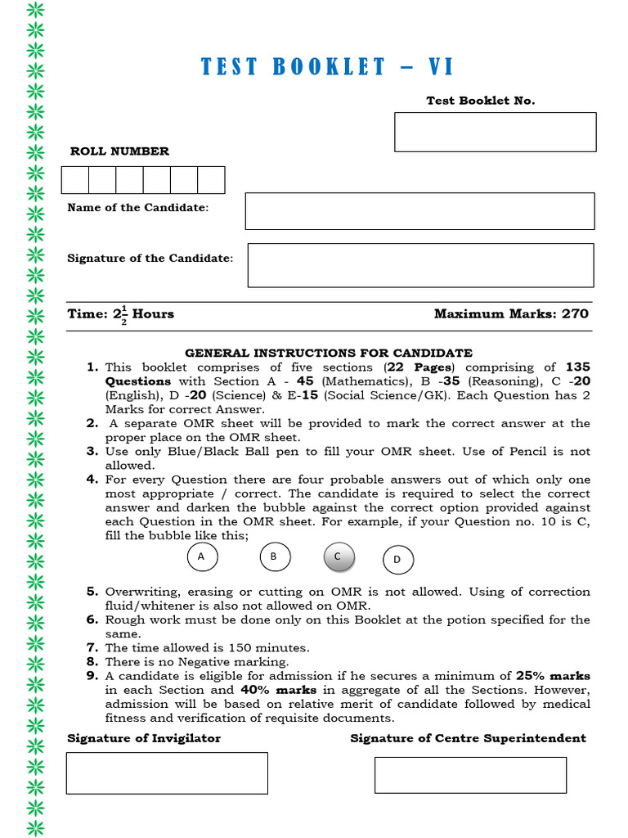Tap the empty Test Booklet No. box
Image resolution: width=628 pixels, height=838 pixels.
pos(495,133)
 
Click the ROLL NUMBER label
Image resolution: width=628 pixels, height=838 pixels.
pos(119,151)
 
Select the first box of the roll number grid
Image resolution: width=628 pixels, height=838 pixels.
pos(75,180)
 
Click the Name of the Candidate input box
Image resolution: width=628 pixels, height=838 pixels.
pos(419,211)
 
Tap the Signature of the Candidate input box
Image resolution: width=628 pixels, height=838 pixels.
pos(420,265)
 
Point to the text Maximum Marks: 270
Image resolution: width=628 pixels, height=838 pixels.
pos(511,314)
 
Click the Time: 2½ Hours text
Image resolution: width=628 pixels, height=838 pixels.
pos(120,314)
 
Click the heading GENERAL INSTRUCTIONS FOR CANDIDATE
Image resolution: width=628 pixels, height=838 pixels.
pos(328,353)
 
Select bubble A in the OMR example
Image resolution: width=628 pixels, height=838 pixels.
pos(202,557)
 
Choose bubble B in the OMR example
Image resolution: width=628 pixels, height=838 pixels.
pos(275,557)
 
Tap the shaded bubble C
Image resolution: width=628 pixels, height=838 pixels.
pos(339,557)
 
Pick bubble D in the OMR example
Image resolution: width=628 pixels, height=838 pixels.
pos(398,560)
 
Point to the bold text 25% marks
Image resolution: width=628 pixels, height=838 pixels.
pos(553,676)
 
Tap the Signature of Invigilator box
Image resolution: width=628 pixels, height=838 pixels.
pos(167,773)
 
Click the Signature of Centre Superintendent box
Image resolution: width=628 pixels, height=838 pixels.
pos(470,774)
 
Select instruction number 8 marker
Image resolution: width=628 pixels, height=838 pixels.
pos(92,661)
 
